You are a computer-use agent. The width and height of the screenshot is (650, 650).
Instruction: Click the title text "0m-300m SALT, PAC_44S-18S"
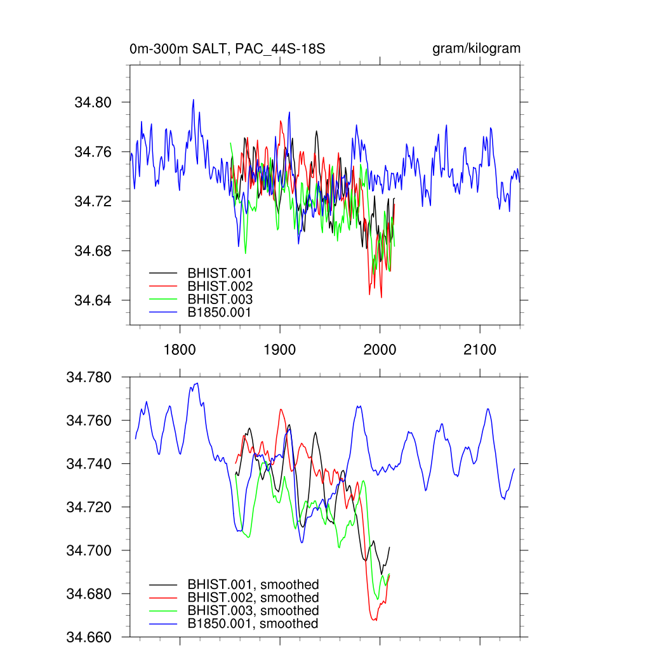tap(227, 49)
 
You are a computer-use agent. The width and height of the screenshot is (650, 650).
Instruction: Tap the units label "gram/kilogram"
tap(477, 49)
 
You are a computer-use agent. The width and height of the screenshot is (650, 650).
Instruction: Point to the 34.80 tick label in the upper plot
tap(93, 102)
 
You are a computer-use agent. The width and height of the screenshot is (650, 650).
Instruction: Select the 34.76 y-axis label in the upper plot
tap(93, 152)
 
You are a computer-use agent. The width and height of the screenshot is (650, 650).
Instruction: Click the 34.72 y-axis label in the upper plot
tap(93, 201)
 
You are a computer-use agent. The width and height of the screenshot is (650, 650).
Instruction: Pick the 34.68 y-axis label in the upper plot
tap(93, 251)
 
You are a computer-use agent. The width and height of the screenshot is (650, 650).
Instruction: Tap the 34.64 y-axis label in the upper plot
tap(93, 300)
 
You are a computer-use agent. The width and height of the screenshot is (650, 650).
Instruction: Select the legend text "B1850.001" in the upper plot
tap(220, 312)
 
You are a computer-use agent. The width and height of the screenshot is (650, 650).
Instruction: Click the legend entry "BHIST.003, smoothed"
tap(253, 611)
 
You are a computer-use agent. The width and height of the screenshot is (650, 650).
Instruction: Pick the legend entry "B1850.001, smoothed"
tap(253, 623)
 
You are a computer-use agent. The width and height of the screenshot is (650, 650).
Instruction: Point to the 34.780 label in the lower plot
tap(89, 378)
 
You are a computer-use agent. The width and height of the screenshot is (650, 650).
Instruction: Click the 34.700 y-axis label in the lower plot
tap(89, 550)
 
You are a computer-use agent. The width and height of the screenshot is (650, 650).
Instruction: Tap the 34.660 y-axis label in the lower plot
tap(89, 637)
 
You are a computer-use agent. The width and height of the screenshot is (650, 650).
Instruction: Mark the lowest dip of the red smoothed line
tap(375, 620)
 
